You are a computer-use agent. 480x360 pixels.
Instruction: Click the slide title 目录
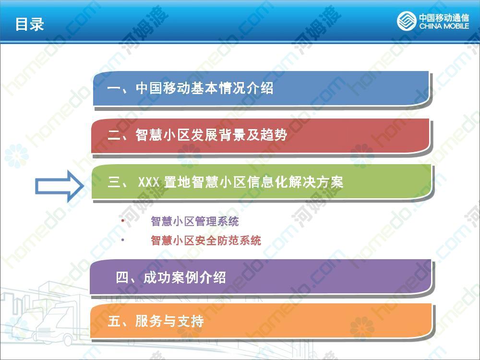(30, 24)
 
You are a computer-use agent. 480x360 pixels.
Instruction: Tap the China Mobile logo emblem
(407, 21)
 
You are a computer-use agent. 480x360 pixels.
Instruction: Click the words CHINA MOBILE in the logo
(444, 26)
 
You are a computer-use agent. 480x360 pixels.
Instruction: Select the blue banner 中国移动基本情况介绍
(262, 88)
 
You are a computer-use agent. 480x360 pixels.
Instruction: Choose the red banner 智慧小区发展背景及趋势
(261, 136)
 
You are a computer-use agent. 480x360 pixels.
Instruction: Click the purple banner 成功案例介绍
(261, 277)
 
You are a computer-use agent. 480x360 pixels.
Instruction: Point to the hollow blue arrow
(60, 186)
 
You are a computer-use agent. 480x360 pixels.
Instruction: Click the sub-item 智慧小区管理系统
(195, 221)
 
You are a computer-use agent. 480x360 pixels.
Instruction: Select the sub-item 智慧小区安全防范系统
(206, 240)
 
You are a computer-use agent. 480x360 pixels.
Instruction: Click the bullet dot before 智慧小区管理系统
(123, 221)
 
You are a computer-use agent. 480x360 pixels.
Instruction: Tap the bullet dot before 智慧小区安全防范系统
(123, 240)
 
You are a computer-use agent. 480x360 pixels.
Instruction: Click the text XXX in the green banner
(148, 182)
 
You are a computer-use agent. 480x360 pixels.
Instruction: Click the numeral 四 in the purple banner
(122, 277)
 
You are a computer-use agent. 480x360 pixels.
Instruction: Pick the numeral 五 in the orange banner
(114, 322)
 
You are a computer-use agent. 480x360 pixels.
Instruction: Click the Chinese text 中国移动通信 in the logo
(444, 17)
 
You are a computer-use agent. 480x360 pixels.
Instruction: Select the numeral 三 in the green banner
(114, 182)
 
